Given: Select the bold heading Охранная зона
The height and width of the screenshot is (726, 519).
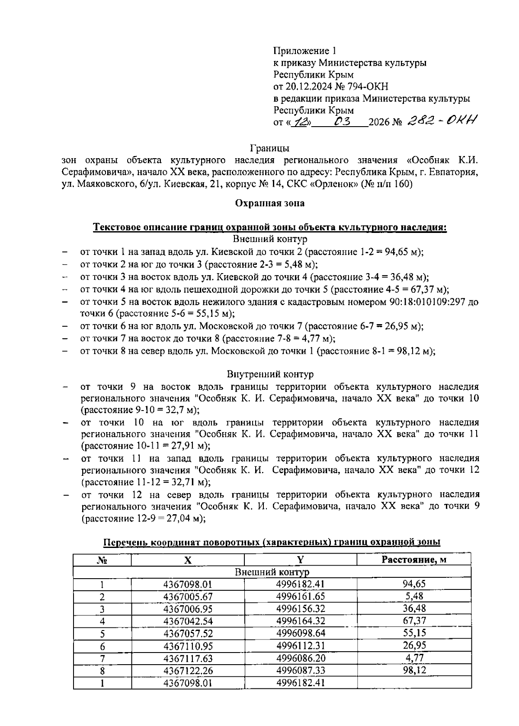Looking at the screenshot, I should tap(269, 203).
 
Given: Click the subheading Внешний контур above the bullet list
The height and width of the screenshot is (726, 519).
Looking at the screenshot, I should tap(270, 239).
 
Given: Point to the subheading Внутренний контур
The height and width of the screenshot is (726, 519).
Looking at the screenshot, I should tap(270, 374).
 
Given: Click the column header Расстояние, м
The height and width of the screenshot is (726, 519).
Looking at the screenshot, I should tap(413, 560).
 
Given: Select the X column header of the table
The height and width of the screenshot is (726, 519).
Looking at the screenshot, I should tap(187, 560).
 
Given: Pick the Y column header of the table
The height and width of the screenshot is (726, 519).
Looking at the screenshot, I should tap(300, 560).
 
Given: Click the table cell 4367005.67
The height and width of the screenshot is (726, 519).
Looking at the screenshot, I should tap(188, 597).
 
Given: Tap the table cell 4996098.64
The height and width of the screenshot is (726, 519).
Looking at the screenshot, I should tap(300, 633).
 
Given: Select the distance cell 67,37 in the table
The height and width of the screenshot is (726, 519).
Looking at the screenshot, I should tap(414, 621).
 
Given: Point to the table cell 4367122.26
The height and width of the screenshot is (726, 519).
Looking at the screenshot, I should tap(188, 671).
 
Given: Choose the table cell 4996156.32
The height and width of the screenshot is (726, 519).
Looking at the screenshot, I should tap(300, 608).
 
